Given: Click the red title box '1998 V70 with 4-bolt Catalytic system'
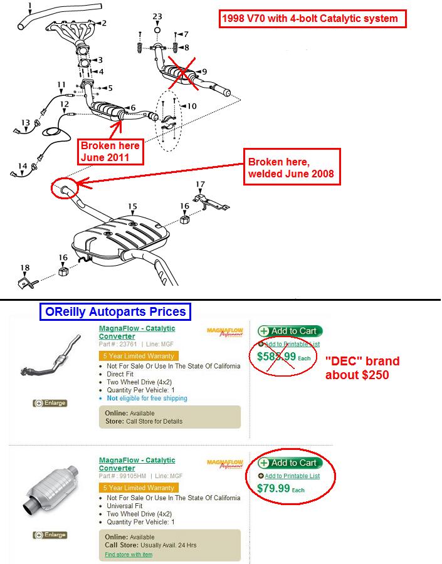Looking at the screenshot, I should [312, 19].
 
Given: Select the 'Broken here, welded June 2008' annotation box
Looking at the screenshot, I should [292, 167].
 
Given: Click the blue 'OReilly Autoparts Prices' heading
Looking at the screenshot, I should [115, 311].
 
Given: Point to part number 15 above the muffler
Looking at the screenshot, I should [132, 206].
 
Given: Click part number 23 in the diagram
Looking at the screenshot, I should [157, 16].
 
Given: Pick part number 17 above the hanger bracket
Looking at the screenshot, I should [200, 184].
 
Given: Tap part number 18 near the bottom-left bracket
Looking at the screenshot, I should [25, 268].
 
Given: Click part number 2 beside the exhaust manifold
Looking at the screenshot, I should [103, 23].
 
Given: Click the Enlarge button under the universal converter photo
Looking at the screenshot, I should [50, 535].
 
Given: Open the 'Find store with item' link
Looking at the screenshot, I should [129, 554].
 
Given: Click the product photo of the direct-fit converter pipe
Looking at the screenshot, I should [53, 360].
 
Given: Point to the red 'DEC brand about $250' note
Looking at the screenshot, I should [362, 368].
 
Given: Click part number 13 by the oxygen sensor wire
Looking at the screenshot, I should [25, 122].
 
